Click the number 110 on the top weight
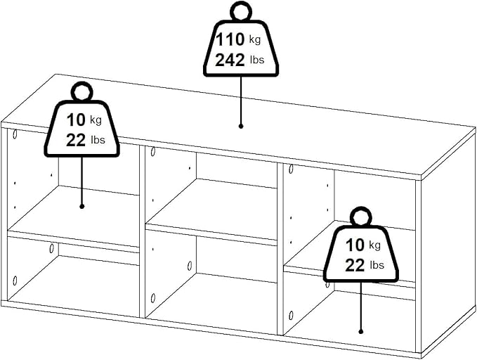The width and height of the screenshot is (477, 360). click(x=230, y=39)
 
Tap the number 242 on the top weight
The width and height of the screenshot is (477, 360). click(x=230, y=60)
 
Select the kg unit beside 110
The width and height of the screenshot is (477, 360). click(x=255, y=39)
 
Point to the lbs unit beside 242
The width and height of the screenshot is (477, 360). click(x=257, y=60)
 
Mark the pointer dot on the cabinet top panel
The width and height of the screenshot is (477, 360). click(x=241, y=126)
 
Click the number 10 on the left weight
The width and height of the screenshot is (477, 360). click(x=76, y=120)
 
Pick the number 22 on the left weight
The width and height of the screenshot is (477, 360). click(x=76, y=141)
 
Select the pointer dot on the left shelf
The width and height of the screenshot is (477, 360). click(x=81, y=207)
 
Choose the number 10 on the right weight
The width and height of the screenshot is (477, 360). click(x=355, y=245)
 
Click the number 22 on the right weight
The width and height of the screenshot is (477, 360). click(x=355, y=265)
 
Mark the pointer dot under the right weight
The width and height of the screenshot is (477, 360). click(x=361, y=332)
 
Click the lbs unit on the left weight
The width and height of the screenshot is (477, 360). click(x=98, y=140)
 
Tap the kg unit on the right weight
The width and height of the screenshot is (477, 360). click(x=375, y=245)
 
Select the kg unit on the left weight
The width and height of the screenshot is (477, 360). click(x=96, y=120)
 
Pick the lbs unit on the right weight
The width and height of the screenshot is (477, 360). click(x=377, y=265)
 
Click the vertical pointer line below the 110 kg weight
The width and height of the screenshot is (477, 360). click(x=241, y=100)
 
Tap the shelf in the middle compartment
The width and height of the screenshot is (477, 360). click(x=211, y=210)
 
